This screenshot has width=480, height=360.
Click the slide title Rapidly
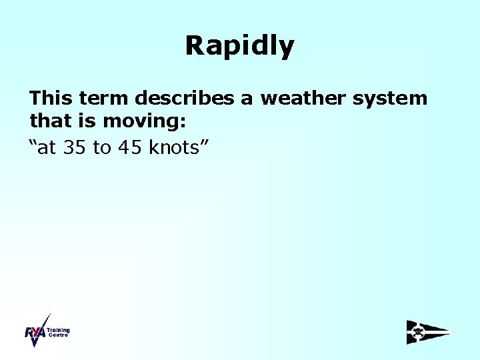click(239, 46)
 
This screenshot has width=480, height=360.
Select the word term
click(104, 99)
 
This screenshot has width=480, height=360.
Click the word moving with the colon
click(144, 123)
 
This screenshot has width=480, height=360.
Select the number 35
click(76, 147)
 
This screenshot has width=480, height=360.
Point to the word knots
click(174, 147)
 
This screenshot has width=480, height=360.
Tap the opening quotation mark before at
click(33, 143)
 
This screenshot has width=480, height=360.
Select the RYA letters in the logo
click(35, 332)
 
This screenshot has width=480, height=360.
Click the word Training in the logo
click(58, 330)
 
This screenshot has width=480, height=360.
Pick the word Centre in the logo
click(58, 335)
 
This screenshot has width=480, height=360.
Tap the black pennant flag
click(430, 332)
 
